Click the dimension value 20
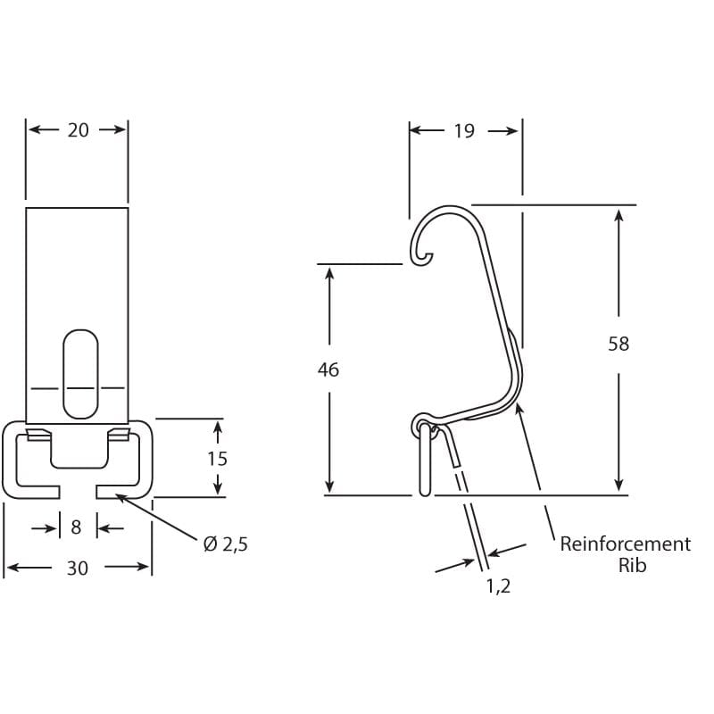tap(78, 130)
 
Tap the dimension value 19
tap(463, 131)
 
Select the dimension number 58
tap(619, 344)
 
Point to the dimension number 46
tap(328, 369)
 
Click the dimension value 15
tap(217, 459)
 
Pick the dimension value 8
tap(76, 528)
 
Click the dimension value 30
tap(78, 568)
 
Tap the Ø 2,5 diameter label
tap(225, 544)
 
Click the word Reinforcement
tap(625, 544)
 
